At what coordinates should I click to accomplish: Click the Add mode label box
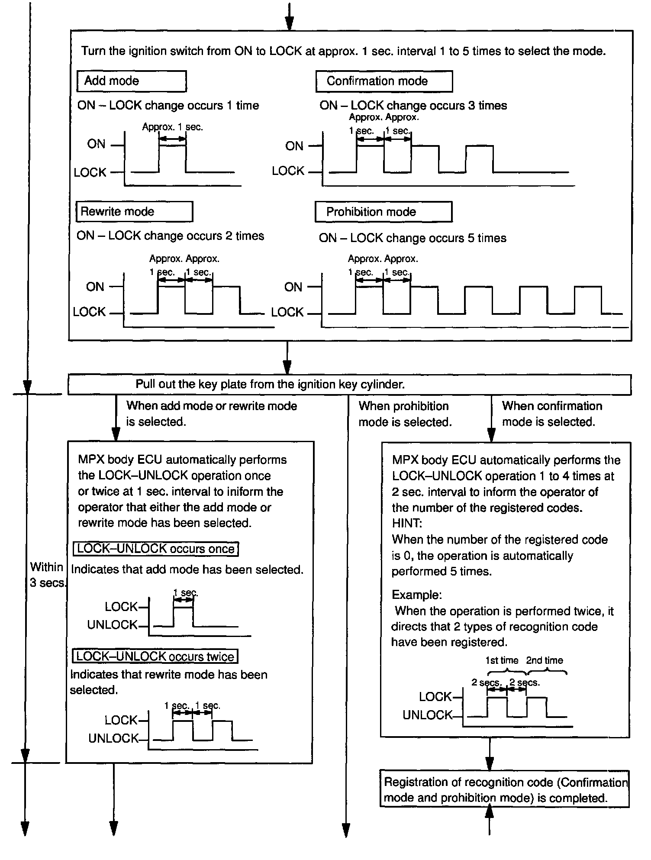tap(131, 81)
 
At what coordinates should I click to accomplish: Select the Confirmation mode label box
tap(384, 81)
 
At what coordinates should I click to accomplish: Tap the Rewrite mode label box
tap(134, 212)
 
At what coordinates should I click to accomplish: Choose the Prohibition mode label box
tap(383, 212)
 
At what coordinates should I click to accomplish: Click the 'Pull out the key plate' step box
tap(349, 385)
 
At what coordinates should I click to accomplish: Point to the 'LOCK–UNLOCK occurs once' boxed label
tap(156, 549)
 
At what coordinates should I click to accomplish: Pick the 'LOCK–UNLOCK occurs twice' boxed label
tap(155, 656)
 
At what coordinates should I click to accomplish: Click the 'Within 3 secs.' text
tap(47, 575)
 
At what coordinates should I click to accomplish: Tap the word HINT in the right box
tap(406, 523)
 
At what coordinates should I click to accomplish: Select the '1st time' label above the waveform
tap(502, 660)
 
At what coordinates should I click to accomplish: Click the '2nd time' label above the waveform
tap(545, 660)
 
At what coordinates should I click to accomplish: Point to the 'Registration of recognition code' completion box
tap(504, 790)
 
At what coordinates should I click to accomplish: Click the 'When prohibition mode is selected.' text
tap(405, 414)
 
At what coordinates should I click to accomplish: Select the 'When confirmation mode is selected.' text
tap(552, 414)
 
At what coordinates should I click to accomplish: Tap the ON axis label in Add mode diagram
tap(96, 144)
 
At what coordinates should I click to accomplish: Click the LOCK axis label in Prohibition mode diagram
tap(287, 312)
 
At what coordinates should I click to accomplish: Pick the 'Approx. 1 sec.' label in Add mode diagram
tap(172, 127)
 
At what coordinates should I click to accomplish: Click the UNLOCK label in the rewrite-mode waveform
tap(113, 738)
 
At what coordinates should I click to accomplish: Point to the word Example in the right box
tap(416, 595)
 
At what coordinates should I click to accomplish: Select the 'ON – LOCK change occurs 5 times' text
tap(413, 238)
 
